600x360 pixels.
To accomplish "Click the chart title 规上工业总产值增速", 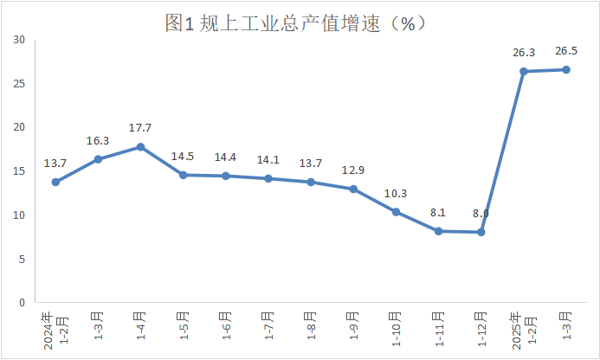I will coord(299,23).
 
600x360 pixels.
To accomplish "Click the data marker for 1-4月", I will coord(140,147).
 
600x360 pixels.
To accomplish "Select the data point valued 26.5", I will coord(566,69).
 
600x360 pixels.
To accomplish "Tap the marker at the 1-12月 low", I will coord(481,232).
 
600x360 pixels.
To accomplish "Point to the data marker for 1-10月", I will coord(396,212).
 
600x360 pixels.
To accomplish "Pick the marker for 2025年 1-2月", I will coord(524,71).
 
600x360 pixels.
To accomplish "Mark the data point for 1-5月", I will coord(183,175).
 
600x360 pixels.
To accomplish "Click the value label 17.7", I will coord(140,128).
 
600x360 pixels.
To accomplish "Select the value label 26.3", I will coord(524,52).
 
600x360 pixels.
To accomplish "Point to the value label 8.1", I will coord(438,212).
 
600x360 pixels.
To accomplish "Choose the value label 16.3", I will coord(98,140).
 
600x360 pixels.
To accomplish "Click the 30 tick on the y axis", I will coord(18,39).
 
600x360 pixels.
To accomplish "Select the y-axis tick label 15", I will coord(18,171).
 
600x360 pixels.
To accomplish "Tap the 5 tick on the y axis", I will coord(21,259).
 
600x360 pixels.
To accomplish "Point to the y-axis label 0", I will coord(21,303).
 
